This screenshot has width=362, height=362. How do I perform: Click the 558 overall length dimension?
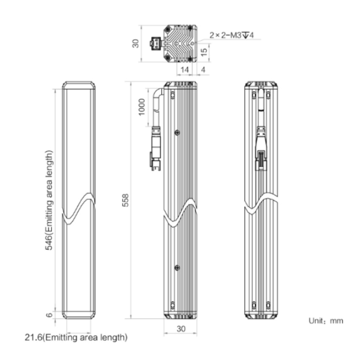coord(126,200)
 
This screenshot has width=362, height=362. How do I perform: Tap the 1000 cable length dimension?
coord(142,107)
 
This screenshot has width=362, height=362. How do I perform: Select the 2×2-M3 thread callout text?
coord(232,35)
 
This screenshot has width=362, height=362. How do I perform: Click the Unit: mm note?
coord(326,321)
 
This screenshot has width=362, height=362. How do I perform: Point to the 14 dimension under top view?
coord(184,70)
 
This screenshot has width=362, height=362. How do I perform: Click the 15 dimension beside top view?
coord(204,52)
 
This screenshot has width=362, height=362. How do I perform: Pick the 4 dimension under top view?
coord(203,70)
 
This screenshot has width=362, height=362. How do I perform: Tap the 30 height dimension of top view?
coord(136,43)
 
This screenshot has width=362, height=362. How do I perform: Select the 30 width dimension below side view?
coord(181,329)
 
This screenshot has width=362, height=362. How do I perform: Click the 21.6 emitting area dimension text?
coord(76,337)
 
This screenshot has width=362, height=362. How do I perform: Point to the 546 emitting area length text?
coord(49,200)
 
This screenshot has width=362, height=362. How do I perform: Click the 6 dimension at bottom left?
coord(49,315)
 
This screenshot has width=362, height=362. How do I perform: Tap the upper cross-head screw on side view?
coord(177,132)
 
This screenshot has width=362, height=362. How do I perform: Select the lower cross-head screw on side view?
coord(177,268)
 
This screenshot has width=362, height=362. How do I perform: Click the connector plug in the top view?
coord(156,43)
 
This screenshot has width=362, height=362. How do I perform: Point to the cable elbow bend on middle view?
coord(158,94)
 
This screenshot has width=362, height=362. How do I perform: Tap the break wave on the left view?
coord(79,209)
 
